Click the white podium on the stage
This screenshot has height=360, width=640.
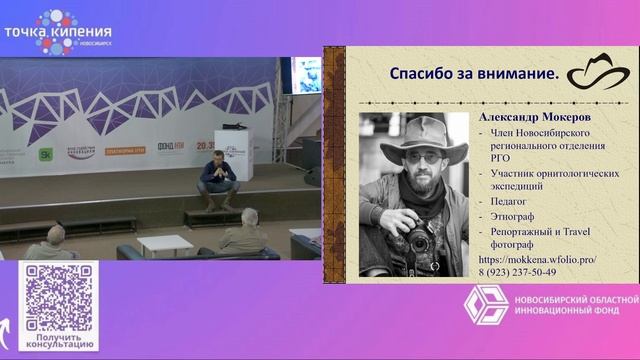(x=234, y=155)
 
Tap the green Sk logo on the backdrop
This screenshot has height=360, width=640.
(x=45, y=154)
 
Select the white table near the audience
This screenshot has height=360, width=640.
(x=164, y=244)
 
